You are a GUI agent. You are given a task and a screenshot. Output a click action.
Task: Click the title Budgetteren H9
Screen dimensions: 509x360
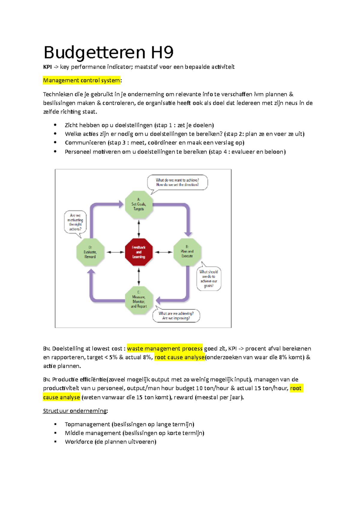pyautogui.click(x=108, y=52)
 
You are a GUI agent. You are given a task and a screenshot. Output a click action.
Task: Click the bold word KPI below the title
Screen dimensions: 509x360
pyautogui.click(x=47, y=67)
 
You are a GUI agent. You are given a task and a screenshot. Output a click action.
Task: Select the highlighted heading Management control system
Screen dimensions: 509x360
pyautogui.click(x=81, y=80)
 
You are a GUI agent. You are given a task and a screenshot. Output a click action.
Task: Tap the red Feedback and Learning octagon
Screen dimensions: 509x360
pyautogui.click(x=139, y=252)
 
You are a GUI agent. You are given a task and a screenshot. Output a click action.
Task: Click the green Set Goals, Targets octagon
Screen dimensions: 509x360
pyautogui.click(x=139, y=204)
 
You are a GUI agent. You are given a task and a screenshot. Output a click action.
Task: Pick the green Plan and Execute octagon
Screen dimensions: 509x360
pyautogui.click(x=187, y=252)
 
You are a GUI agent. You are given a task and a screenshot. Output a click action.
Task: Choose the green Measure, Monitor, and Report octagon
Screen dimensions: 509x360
pyautogui.click(x=139, y=300)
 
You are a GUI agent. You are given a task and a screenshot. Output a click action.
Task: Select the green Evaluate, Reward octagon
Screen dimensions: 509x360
pyautogui.click(x=90, y=252)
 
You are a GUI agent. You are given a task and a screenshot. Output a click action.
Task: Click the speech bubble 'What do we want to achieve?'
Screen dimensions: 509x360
pyautogui.click(x=177, y=182)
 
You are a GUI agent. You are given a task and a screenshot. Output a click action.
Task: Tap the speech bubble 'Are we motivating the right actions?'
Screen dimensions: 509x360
pyautogui.click(x=75, y=222)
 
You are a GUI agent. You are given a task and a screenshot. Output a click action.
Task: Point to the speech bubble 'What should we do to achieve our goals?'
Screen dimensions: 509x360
pyautogui.click(x=209, y=279)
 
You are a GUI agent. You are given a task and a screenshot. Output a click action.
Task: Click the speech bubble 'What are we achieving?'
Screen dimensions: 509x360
pyautogui.click(x=176, y=316)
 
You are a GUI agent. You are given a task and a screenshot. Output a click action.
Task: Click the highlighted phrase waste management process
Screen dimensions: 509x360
pyautogui.click(x=165, y=348)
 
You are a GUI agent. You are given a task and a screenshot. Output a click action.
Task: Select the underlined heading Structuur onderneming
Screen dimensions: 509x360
pyautogui.click(x=75, y=411)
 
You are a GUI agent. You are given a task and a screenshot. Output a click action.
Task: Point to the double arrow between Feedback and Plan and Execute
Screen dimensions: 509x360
pyautogui.click(x=163, y=252)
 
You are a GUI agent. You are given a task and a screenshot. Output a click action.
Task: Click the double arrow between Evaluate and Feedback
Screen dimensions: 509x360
pyautogui.click(x=115, y=252)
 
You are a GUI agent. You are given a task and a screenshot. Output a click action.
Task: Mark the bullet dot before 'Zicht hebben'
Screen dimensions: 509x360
pyautogui.click(x=55, y=125)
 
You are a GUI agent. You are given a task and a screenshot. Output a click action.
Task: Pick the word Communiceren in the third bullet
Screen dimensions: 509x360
pyautogui.click(x=85, y=143)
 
